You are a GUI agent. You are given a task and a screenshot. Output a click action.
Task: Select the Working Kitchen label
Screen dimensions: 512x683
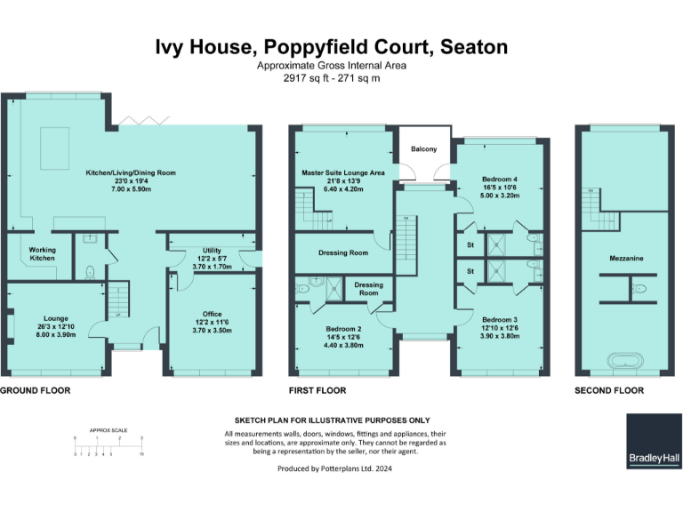click(x=42, y=254)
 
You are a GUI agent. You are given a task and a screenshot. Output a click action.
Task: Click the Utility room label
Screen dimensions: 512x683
click(x=211, y=252)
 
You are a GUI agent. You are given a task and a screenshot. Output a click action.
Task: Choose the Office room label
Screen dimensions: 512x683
click(x=211, y=313)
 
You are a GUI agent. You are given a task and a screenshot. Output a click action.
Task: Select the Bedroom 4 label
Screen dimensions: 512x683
click(x=498, y=179)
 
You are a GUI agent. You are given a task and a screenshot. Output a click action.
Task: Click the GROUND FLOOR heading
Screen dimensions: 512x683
click(x=35, y=390)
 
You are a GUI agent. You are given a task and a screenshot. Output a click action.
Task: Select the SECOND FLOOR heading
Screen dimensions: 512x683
click(x=609, y=390)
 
